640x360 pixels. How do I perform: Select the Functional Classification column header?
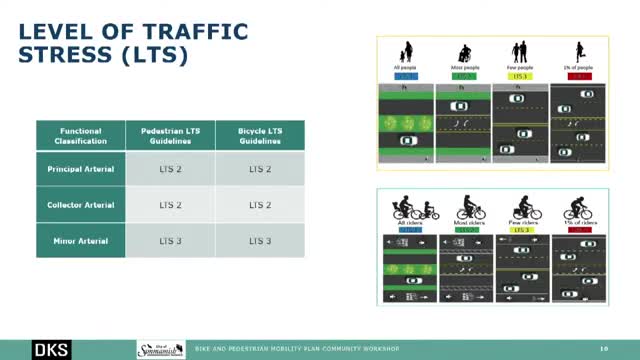pos(81,136)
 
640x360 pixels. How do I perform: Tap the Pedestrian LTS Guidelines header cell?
pos(170,136)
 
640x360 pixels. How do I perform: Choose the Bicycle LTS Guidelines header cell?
pos(260,136)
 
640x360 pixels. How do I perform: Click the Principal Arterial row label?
pos(81,169)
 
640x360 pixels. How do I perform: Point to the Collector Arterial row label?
pos(81,205)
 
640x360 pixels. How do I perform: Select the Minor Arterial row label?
pos(81,241)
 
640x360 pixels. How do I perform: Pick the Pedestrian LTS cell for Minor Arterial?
pos(170,241)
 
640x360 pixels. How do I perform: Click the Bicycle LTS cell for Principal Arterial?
pos(260,169)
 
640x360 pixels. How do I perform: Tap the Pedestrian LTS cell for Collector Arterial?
pos(170,205)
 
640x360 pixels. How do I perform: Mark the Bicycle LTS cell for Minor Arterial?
pos(260,241)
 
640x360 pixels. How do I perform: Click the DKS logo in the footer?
pos(52,349)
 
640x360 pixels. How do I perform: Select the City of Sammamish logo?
pos(161,348)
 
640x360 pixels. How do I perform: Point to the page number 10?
pos(603,349)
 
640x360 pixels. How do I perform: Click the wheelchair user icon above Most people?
pos(463,53)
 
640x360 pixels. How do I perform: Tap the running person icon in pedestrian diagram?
pos(578,51)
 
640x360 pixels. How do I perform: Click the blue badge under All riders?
pos(408,230)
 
